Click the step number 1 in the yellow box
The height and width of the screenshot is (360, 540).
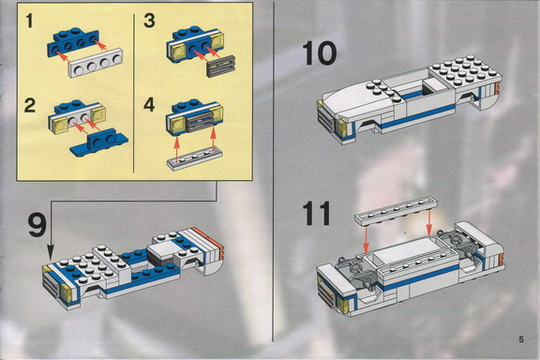(x=30, y=21)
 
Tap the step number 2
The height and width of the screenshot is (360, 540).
(x=30, y=105)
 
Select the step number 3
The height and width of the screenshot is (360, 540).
(x=149, y=20)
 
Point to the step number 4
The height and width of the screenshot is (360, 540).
(x=149, y=104)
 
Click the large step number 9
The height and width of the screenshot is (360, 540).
(x=37, y=224)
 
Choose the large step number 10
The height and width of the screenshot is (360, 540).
(x=320, y=52)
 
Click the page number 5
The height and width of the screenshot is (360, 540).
(x=521, y=339)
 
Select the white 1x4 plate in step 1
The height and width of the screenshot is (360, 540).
(x=96, y=63)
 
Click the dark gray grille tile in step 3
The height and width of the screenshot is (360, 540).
(x=220, y=66)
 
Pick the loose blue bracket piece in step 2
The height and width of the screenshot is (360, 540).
(x=98, y=142)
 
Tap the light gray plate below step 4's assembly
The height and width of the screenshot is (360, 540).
(x=194, y=158)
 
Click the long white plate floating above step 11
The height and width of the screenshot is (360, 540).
(x=396, y=210)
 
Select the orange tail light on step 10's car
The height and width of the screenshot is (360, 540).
(x=497, y=88)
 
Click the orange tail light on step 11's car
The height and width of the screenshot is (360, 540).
(x=502, y=259)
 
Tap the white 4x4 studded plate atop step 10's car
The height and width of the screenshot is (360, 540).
(x=465, y=72)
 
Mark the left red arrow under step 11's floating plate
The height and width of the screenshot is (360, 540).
(x=366, y=238)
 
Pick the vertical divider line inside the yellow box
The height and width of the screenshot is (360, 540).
(x=133, y=93)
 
